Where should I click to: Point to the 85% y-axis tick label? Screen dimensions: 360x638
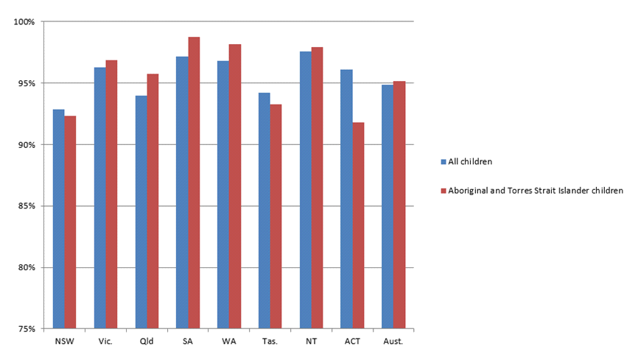[26, 205]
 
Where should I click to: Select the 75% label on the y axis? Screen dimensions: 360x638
[26, 328]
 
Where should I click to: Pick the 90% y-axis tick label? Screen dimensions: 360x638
[26, 144]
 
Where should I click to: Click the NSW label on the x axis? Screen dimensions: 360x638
[64, 341]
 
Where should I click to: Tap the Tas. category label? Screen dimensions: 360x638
[270, 341]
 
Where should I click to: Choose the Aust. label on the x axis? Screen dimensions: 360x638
[393, 341]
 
